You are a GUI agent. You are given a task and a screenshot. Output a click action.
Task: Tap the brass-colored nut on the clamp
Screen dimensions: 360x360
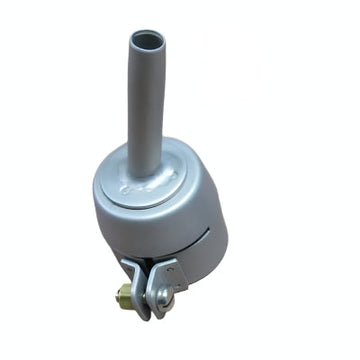click(x=126, y=295)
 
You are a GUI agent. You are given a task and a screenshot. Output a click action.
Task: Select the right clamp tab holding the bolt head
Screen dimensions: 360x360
click(x=166, y=285)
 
